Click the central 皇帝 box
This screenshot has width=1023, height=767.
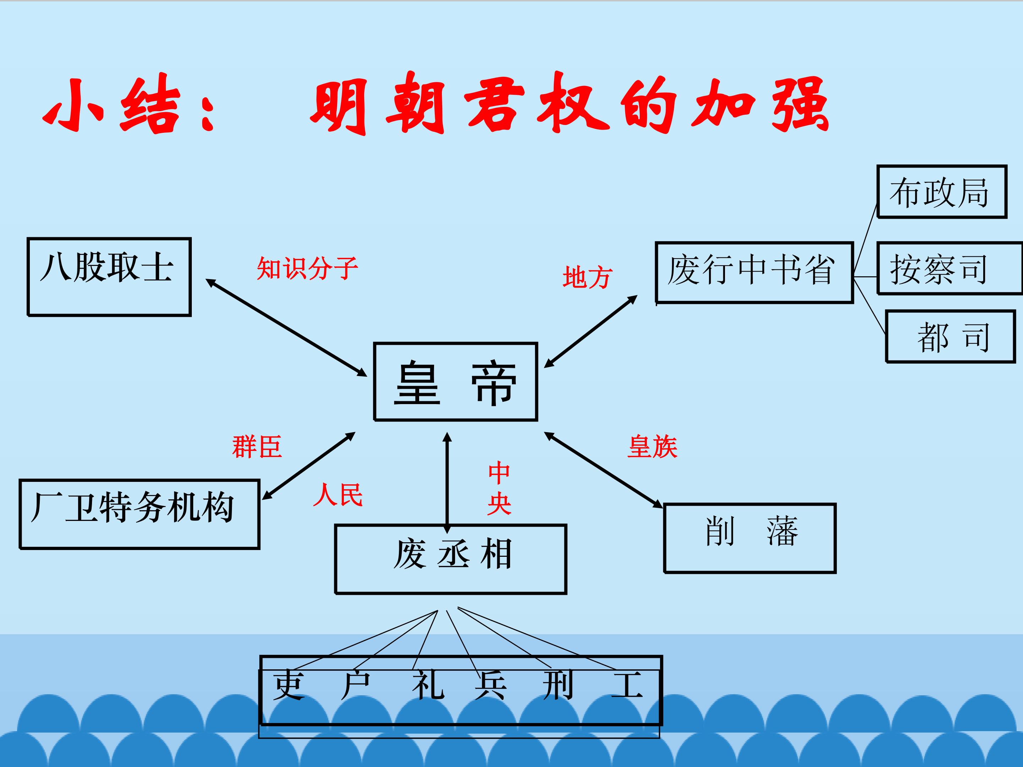(455, 382)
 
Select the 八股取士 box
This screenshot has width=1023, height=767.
(109, 277)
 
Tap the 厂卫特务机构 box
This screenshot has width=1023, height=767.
(139, 514)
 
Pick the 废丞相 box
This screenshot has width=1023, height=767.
(451, 559)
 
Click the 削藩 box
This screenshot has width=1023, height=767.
(750, 538)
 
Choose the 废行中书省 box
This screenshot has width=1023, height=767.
(754, 272)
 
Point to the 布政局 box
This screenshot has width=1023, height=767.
(942, 191)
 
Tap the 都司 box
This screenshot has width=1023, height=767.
(951, 337)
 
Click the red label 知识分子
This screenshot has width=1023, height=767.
(308, 268)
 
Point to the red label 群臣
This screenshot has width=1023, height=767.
(257, 447)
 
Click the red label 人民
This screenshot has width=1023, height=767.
(337, 495)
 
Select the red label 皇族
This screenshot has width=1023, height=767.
(652, 447)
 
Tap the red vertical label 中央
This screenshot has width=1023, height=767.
(499, 488)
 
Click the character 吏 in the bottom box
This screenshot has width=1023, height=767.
(289, 685)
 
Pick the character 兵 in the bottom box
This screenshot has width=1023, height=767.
(491, 685)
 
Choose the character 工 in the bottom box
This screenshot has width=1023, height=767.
(627, 685)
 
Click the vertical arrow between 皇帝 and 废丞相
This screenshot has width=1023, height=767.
(447, 481)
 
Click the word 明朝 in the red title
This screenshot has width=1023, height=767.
(377, 104)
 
